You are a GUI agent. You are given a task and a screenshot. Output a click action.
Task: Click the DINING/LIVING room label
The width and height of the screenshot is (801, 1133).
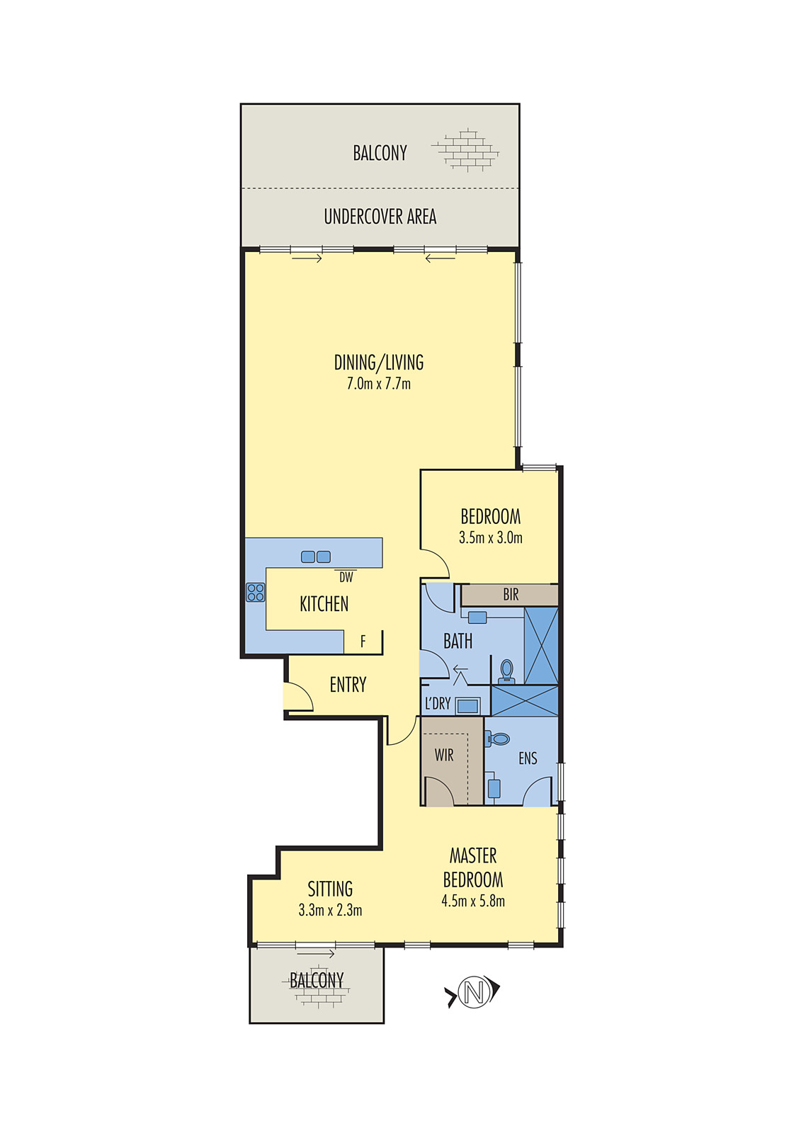(379, 363)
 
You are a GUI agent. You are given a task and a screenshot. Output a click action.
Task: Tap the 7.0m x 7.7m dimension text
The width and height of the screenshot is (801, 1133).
(379, 384)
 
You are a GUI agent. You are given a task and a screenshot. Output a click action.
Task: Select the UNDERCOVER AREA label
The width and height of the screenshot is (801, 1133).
(380, 217)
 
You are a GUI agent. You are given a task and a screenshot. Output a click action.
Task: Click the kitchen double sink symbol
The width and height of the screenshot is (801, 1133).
(316, 557)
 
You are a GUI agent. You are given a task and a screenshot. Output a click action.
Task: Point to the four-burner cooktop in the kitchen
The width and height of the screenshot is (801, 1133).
(256, 592)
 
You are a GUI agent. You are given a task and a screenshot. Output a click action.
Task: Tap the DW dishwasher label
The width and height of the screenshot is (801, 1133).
(346, 577)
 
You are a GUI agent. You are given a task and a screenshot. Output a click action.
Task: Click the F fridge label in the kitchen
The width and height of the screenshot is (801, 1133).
(363, 642)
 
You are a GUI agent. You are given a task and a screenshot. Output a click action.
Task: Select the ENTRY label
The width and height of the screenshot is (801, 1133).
(348, 685)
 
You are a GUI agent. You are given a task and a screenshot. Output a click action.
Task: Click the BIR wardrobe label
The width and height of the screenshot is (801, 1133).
(511, 595)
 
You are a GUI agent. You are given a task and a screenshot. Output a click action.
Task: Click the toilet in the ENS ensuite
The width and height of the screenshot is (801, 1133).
(499, 739)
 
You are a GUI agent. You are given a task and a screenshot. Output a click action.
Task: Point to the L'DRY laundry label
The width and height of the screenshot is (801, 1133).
(438, 704)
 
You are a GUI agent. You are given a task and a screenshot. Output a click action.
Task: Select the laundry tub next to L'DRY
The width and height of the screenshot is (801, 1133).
(467, 705)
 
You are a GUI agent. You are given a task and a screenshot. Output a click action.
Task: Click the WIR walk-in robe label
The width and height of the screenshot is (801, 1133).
(444, 756)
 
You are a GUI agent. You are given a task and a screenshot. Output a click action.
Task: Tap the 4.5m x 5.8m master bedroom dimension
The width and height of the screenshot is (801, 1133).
(473, 901)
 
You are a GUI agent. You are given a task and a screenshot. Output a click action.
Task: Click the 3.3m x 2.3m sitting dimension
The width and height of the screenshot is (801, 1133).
(330, 911)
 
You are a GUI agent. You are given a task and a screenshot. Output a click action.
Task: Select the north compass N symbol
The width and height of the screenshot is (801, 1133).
(474, 991)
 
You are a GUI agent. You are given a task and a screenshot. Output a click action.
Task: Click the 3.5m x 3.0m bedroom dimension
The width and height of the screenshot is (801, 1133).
(491, 537)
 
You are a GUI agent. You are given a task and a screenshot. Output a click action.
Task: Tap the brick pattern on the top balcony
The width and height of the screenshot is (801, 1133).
(466, 150)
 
